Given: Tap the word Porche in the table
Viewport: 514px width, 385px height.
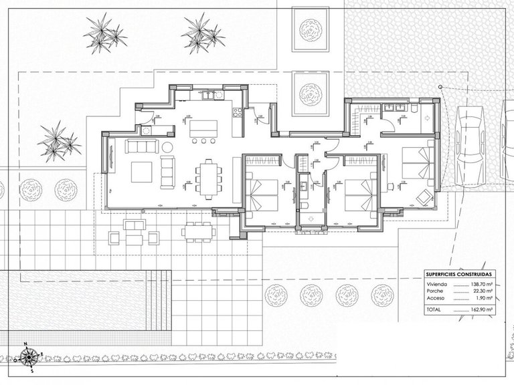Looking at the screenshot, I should pyautogui.click(x=434, y=291).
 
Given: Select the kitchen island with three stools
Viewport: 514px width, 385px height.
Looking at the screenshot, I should pyautogui.click(x=203, y=127).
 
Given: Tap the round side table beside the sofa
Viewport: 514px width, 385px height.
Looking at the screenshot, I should pyautogui.click(x=167, y=146).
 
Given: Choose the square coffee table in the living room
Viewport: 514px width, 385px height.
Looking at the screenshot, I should pyautogui.click(x=141, y=172).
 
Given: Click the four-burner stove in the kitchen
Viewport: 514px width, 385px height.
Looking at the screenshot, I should pyautogui.click(x=236, y=112).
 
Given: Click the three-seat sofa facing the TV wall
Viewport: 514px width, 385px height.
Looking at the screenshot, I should pyautogui.click(x=167, y=172).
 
